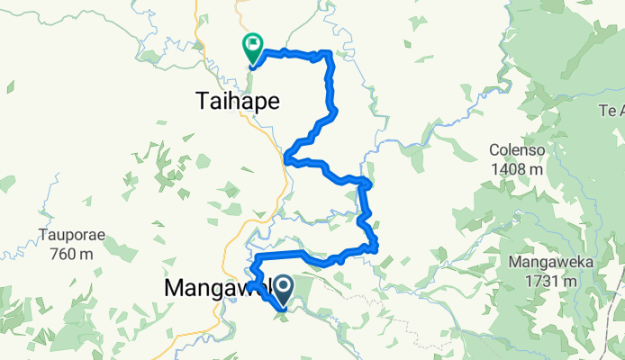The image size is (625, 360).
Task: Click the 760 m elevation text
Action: point(71,254)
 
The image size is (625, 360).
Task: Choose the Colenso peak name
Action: point(516,149)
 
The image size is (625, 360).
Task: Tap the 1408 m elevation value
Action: point(516,167)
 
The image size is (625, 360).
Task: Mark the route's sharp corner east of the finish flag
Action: point(331,54)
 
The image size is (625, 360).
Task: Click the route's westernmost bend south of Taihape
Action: point(286,160)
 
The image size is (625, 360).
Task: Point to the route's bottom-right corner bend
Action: point(375,247)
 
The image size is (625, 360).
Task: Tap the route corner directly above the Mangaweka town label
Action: point(254,258)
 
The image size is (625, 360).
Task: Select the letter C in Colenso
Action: point(494,149)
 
